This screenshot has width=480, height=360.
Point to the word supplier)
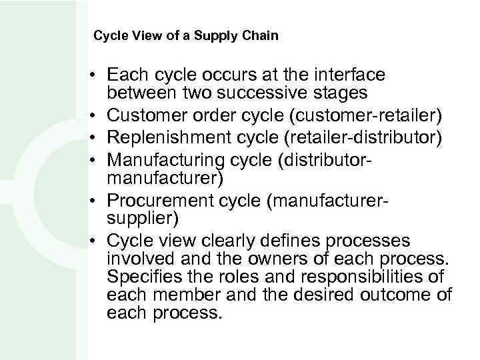136,218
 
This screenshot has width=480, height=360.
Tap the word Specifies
141,276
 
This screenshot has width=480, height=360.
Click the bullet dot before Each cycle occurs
97,73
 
